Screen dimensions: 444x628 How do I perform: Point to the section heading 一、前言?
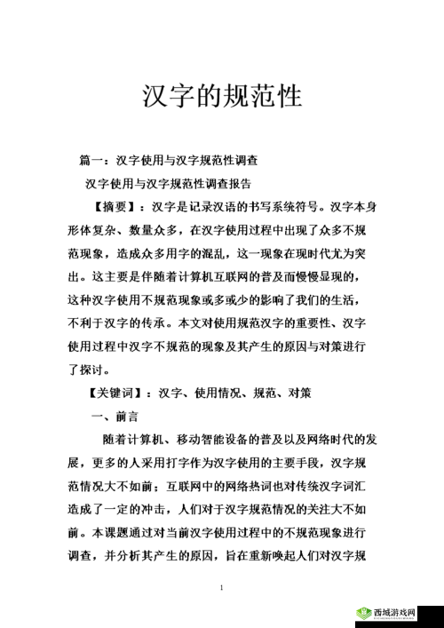click(115, 416)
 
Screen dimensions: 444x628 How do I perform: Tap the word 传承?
click(168, 323)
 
